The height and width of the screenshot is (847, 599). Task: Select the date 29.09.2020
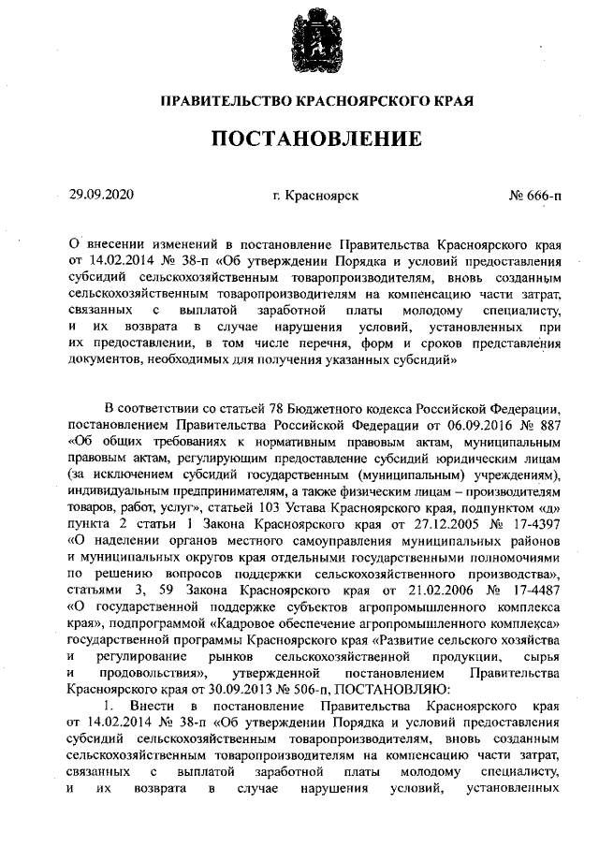(102, 196)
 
